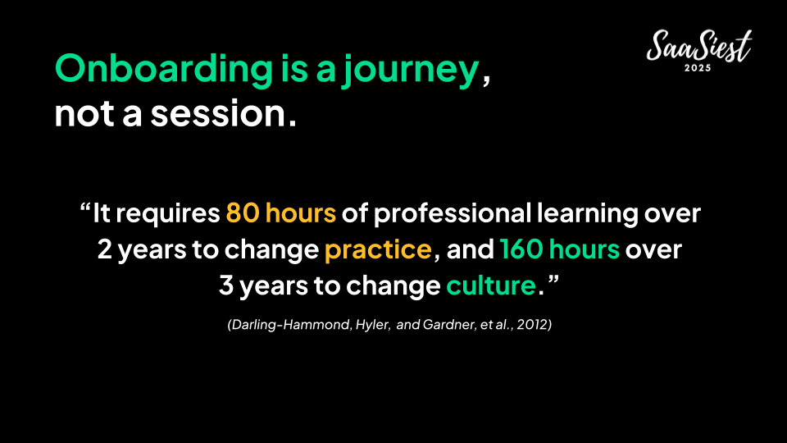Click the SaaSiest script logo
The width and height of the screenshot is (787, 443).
coord(698,46)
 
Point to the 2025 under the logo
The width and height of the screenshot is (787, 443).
coord(698,68)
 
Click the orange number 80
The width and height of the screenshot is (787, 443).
coord(243,213)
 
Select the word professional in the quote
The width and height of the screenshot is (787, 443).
coord(453,214)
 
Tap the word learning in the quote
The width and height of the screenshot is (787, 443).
coord(588,214)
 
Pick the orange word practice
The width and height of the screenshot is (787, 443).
coord(378,249)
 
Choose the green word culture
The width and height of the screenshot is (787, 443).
coord(491,285)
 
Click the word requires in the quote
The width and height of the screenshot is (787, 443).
coord(168,214)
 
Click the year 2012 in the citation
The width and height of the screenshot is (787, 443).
coord(533,325)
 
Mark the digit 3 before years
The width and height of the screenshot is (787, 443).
coord(226,285)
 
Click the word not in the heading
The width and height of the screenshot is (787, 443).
coord(84,113)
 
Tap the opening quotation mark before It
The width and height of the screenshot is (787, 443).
coord(84,207)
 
